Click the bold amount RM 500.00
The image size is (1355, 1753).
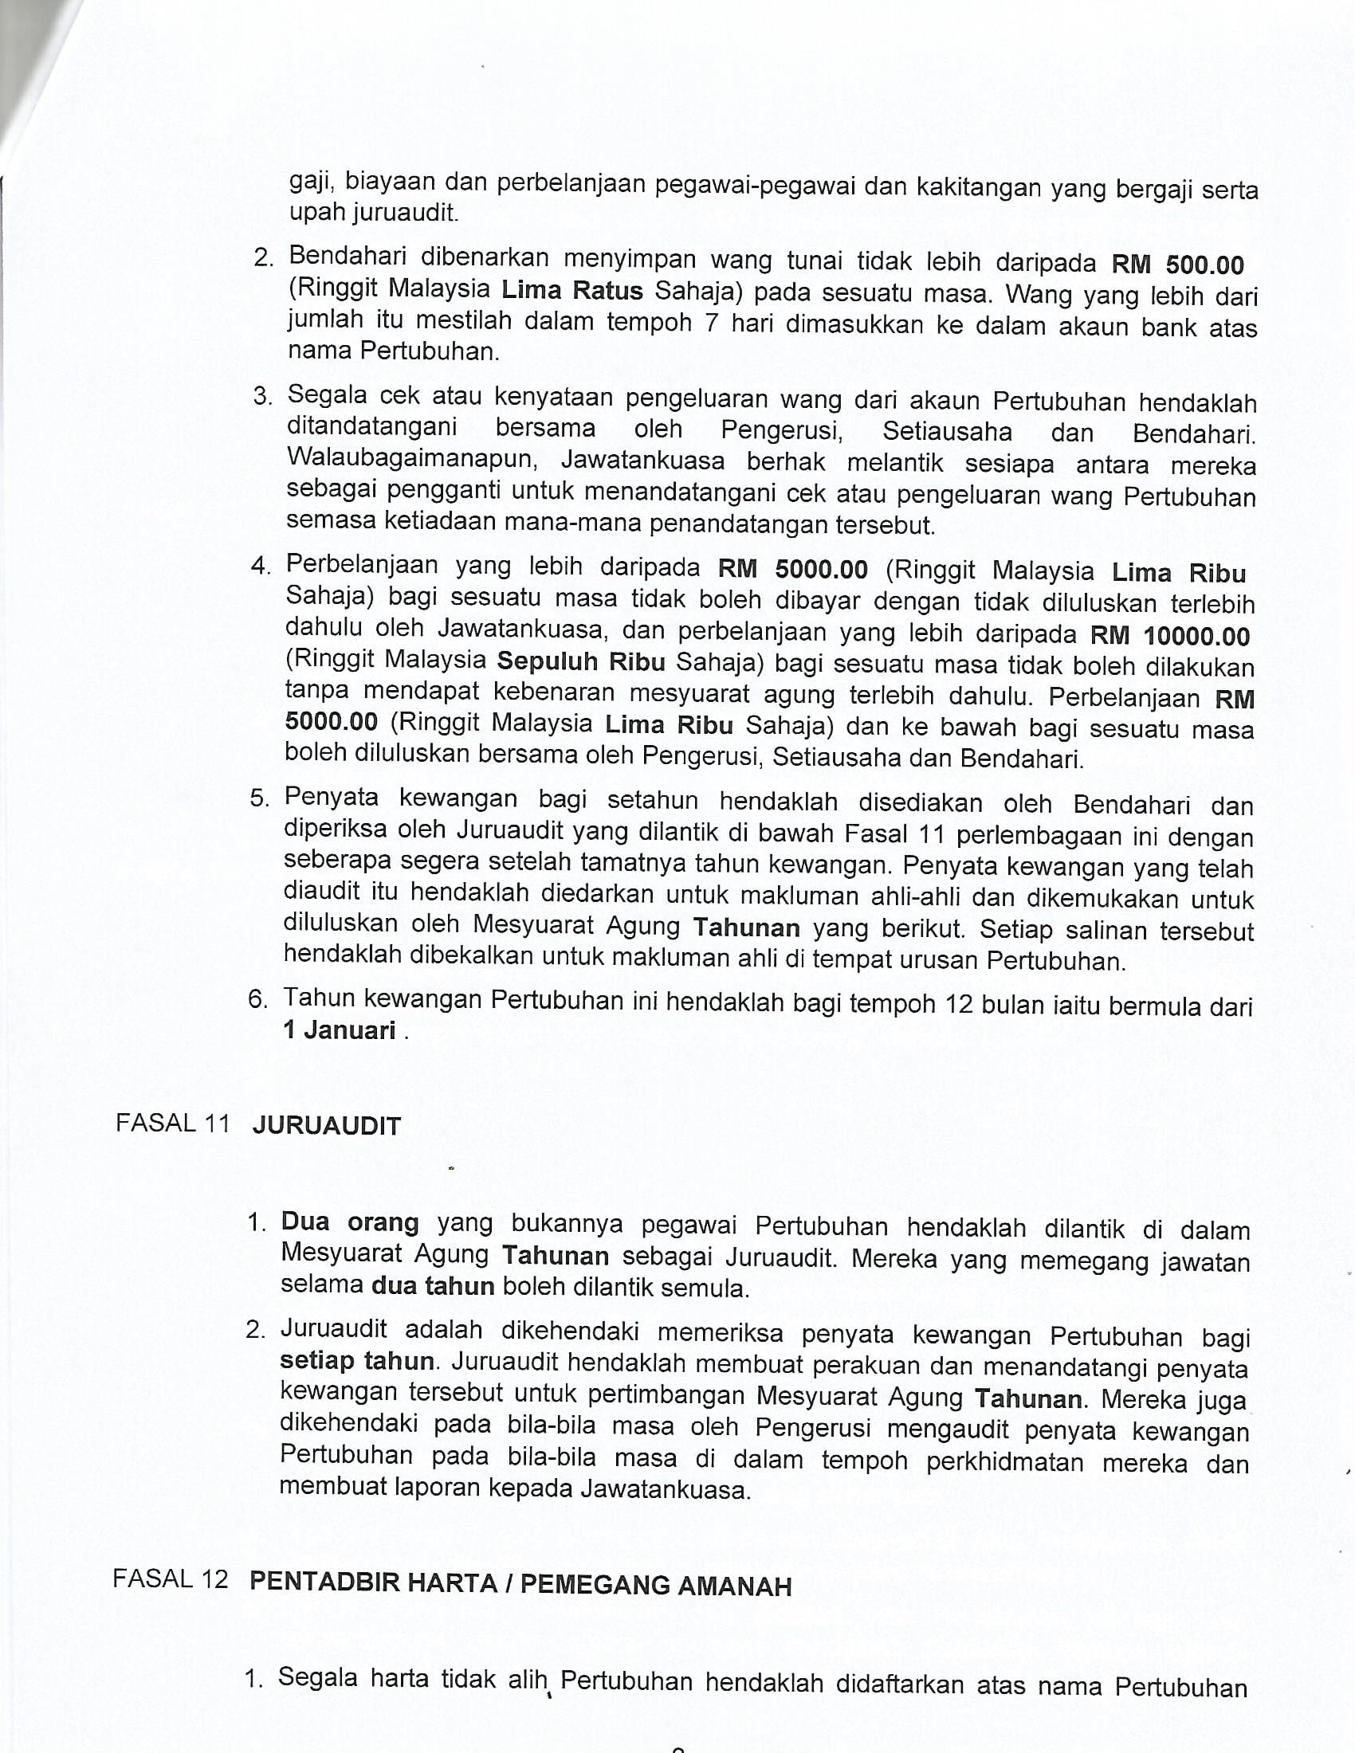[x=1176, y=264]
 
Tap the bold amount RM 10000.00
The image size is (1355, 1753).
[x=1169, y=636]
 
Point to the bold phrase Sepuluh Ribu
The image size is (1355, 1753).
[x=581, y=661]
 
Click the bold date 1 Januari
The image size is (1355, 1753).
[x=339, y=1029]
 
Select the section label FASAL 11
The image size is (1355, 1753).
[x=173, y=1123]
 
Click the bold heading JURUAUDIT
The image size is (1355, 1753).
[x=326, y=1126]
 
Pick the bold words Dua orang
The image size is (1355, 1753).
[x=349, y=1222]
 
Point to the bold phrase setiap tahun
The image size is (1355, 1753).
[x=357, y=1361]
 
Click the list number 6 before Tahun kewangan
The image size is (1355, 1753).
[x=257, y=1000]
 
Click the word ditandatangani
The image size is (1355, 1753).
[x=371, y=427]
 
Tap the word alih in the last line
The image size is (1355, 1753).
[x=527, y=1678]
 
